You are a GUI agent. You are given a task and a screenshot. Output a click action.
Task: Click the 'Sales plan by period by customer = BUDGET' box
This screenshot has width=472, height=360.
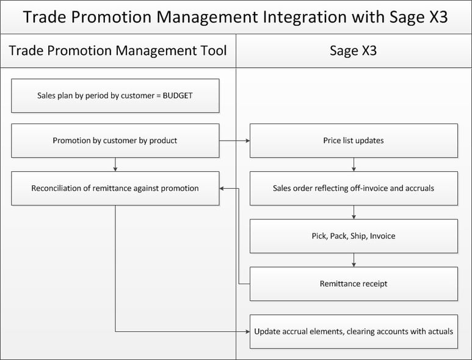pyautogui.click(x=115, y=95)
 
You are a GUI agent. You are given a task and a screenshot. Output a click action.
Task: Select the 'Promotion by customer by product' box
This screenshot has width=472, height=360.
pyautogui.click(x=115, y=141)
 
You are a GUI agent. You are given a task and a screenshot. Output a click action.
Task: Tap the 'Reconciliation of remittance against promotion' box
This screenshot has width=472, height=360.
pyautogui.click(x=115, y=188)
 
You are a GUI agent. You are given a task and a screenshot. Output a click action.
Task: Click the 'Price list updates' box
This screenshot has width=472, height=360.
pyautogui.click(x=354, y=141)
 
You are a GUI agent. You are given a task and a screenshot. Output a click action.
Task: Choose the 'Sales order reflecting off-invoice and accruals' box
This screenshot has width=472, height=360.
pyautogui.click(x=354, y=188)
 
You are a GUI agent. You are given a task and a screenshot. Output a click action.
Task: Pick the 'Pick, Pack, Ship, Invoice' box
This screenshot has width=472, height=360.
pyautogui.click(x=354, y=236)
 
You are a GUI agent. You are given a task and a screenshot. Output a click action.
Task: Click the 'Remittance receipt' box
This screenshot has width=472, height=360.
pyautogui.click(x=354, y=284)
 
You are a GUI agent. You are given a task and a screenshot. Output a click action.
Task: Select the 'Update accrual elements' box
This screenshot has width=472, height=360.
pyautogui.click(x=354, y=331)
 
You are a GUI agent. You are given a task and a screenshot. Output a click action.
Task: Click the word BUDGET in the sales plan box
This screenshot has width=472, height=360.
pyautogui.click(x=177, y=95)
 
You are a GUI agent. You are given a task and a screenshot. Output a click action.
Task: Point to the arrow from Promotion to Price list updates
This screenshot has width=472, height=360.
pyautogui.click(x=234, y=141)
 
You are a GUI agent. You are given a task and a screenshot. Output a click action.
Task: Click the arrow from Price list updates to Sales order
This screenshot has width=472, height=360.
pyautogui.click(x=354, y=164)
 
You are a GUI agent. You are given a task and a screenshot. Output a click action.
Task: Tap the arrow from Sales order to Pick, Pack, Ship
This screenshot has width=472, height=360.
pyautogui.click(x=354, y=212)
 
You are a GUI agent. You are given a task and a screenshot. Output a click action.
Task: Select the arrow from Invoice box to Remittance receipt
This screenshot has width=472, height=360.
pyautogui.click(x=354, y=260)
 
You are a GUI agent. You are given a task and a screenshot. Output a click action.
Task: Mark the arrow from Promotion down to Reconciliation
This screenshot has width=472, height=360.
pyautogui.click(x=115, y=164)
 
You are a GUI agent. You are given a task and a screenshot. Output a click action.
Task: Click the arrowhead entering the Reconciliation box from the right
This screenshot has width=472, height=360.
pyautogui.click(x=223, y=188)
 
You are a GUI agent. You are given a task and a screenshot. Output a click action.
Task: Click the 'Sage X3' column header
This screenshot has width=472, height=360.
pyautogui.click(x=353, y=51)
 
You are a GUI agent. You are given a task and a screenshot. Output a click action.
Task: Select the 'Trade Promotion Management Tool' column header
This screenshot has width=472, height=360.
pyautogui.click(x=118, y=51)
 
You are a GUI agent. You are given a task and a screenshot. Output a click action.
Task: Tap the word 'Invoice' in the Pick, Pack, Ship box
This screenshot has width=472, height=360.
pyautogui.click(x=382, y=236)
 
